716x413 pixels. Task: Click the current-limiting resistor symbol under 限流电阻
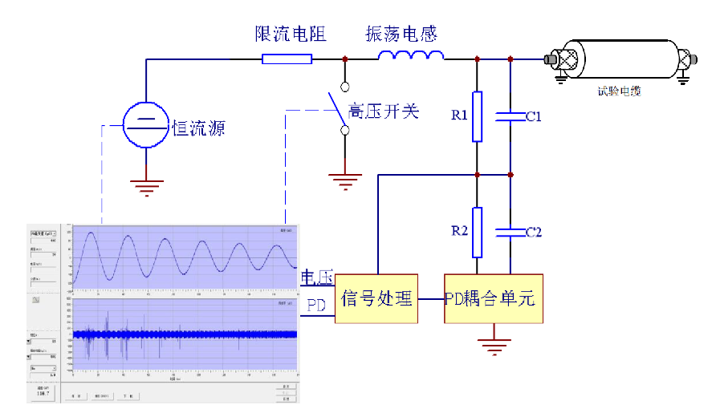(x=287, y=59)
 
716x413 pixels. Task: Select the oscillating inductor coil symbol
(x=411, y=55)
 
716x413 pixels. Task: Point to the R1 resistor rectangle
(x=477, y=116)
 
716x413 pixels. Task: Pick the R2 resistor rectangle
(x=477, y=232)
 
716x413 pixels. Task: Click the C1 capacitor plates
(x=511, y=117)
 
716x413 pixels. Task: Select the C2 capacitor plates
(x=511, y=232)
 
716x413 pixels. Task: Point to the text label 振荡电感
(x=401, y=34)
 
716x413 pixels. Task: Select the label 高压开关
(x=384, y=111)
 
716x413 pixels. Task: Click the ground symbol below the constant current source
(x=146, y=189)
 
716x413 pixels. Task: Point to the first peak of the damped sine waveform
(x=92, y=235)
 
